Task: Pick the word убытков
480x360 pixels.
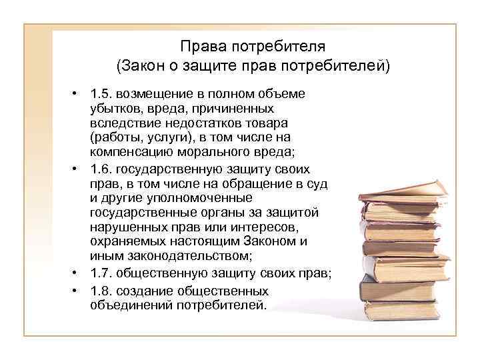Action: point(113,108)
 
